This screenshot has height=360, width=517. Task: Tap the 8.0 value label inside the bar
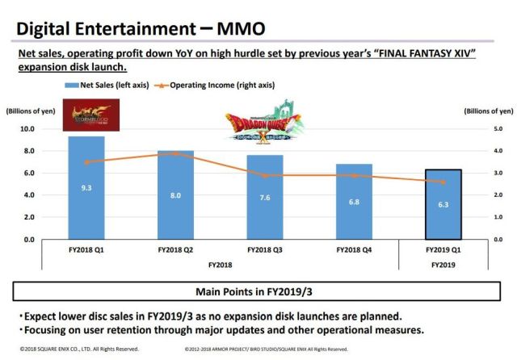point(174,195)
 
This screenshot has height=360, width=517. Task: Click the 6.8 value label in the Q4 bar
point(353,201)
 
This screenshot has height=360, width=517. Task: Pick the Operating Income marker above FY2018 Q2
point(174,153)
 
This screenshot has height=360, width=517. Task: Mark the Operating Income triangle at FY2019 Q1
point(443,182)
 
